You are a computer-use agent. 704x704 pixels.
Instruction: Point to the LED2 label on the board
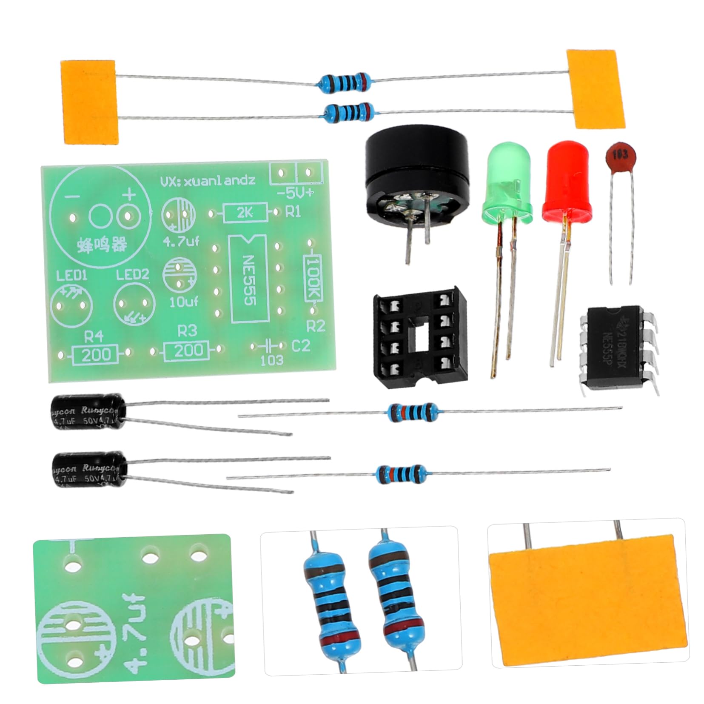tap(133, 274)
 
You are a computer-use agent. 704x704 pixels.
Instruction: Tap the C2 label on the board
tap(301, 346)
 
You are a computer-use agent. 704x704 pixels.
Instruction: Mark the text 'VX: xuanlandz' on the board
tap(208, 180)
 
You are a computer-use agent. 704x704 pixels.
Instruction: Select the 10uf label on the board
tap(180, 302)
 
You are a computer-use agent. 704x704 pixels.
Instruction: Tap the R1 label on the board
tap(293, 211)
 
